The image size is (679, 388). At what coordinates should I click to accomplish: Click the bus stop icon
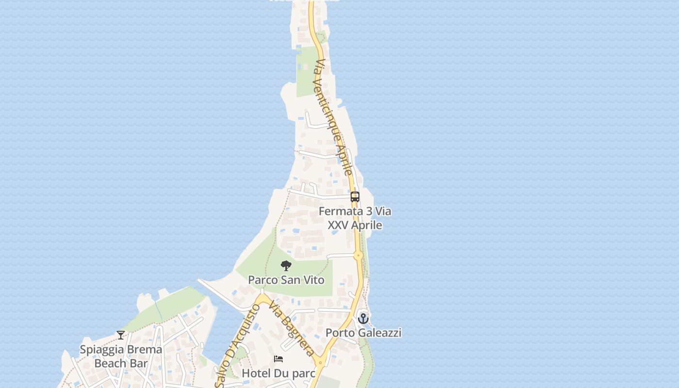click(x=355, y=197)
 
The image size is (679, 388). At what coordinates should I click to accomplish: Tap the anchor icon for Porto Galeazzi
click(x=363, y=319)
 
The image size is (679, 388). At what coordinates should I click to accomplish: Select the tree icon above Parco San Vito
click(x=286, y=266)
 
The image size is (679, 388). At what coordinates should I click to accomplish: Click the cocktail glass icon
click(x=121, y=335)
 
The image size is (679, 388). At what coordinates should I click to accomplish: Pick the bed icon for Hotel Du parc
click(x=278, y=359)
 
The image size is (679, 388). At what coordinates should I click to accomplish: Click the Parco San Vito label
click(x=286, y=280)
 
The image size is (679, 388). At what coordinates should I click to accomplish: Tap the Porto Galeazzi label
click(x=363, y=333)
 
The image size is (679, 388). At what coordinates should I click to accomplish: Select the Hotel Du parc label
click(x=278, y=373)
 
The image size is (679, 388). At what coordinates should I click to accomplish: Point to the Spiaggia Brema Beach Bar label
click(x=121, y=356)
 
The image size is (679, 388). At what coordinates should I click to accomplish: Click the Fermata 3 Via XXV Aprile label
click(x=355, y=218)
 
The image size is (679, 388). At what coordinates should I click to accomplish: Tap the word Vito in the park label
click(x=314, y=280)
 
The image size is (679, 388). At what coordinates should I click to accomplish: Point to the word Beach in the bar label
click(x=108, y=363)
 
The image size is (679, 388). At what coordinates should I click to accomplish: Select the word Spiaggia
click(x=100, y=350)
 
